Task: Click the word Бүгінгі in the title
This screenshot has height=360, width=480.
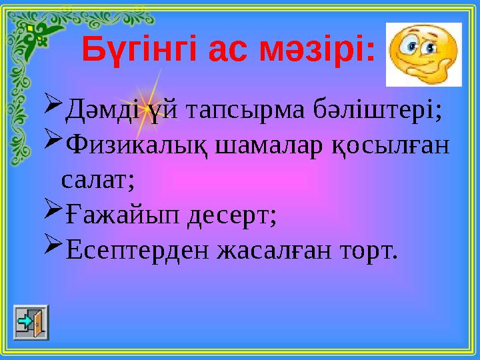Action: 137,48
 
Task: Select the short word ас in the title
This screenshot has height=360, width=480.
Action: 230,49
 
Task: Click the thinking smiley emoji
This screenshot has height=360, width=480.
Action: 423,54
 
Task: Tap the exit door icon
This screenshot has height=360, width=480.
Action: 31,323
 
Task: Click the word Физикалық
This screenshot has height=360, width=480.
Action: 133,145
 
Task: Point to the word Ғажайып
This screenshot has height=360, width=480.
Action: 119,215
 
